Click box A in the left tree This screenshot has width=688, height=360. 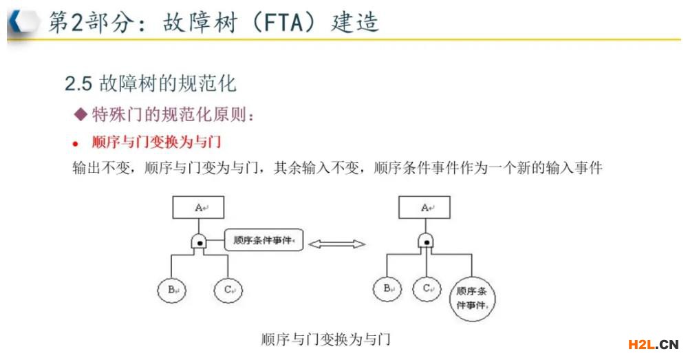[198, 207]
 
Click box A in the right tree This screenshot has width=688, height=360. [424, 207]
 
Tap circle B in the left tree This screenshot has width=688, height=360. [171, 290]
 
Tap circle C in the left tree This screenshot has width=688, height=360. [228, 290]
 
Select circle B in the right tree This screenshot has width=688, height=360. [387, 289]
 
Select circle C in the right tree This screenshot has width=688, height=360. [427, 289]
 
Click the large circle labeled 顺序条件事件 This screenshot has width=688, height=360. [472, 299]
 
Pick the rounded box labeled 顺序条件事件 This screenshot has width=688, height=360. [264, 240]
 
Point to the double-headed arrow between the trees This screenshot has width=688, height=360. [336, 244]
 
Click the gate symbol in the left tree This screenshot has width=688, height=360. [200, 242]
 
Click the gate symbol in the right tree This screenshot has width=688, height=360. [426, 241]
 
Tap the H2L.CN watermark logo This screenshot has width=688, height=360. [654, 344]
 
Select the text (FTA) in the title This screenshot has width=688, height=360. [284, 23]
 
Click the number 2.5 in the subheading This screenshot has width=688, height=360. [78, 83]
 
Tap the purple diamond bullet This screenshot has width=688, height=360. [81, 114]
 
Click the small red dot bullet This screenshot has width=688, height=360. [76, 144]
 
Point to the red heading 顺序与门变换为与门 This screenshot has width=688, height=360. [156, 142]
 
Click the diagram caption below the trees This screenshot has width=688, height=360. [325, 339]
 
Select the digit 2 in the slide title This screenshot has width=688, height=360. [77, 23]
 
